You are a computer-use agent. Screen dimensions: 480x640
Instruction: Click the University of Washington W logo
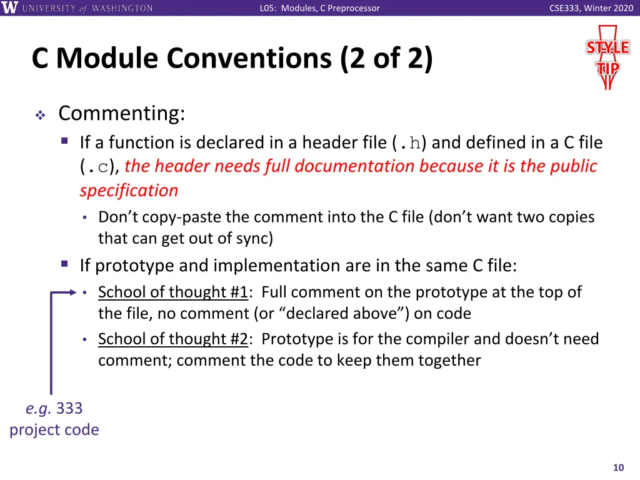click(10, 8)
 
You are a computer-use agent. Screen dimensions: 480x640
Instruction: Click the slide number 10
click(619, 468)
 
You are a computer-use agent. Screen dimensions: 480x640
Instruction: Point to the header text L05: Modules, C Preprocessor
click(319, 8)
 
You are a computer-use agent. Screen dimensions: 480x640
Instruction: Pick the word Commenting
click(122, 114)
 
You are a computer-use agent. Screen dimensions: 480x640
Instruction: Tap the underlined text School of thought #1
click(173, 292)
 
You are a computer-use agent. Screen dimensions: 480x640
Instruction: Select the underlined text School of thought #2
click(173, 339)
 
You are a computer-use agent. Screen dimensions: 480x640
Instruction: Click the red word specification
click(129, 190)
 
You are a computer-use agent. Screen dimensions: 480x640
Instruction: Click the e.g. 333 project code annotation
click(54, 419)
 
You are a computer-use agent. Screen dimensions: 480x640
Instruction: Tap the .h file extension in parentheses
click(410, 143)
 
